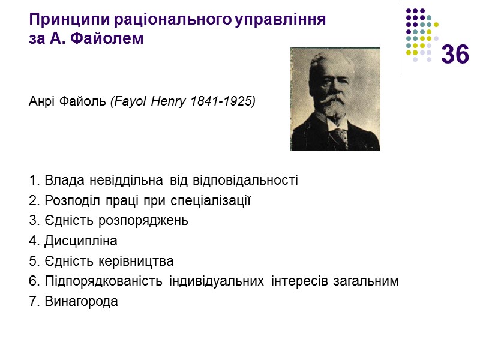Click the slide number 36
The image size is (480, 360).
click(x=455, y=55)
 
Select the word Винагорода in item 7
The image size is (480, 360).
click(x=81, y=302)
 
